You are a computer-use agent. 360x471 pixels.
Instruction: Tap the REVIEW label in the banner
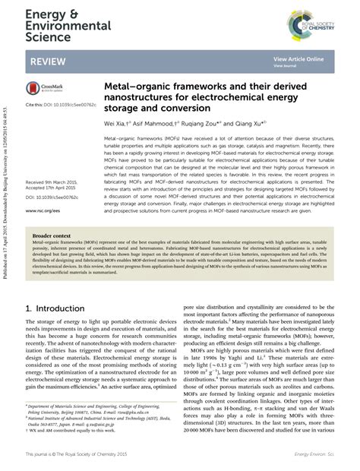[x=48, y=61]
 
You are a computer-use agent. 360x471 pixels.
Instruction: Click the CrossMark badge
[x=44, y=87]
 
